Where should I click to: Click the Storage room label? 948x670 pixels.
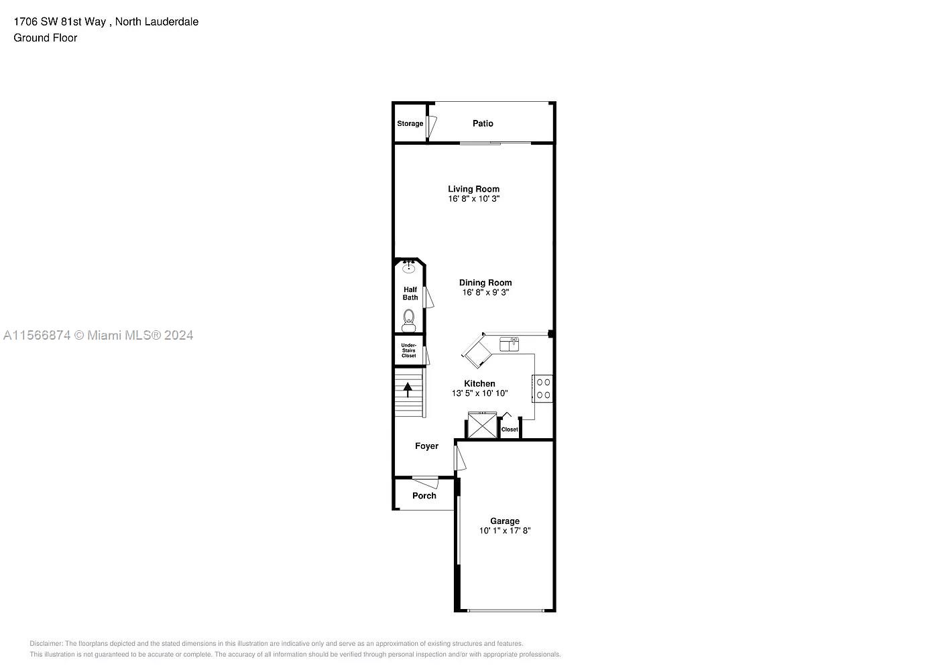point(410,124)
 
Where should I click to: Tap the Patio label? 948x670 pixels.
point(483,123)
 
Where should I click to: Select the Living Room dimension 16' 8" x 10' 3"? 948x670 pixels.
point(474,199)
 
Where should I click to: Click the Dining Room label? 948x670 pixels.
point(485,283)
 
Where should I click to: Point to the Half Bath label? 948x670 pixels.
point(410,293)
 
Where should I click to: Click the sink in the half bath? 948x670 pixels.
point(409,268)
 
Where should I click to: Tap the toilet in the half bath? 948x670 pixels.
point(409,319)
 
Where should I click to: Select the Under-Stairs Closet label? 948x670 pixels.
point(409,350)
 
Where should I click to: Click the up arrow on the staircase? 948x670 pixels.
point(408,389)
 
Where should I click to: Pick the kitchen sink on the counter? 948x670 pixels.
point(510,344)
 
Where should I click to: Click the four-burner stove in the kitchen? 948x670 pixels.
point(543,389)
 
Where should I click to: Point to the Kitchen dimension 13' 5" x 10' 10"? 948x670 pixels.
point(479,393)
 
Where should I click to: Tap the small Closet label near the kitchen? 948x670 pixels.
point(510,429)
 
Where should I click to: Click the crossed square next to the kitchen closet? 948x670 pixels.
point(481,426)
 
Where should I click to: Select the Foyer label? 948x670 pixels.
point(426,446)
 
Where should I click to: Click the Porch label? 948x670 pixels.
point(424,496)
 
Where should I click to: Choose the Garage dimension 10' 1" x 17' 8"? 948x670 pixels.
point(505,531)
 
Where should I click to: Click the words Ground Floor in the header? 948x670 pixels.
point(45,38)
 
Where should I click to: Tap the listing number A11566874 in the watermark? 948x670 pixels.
point(37,335)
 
